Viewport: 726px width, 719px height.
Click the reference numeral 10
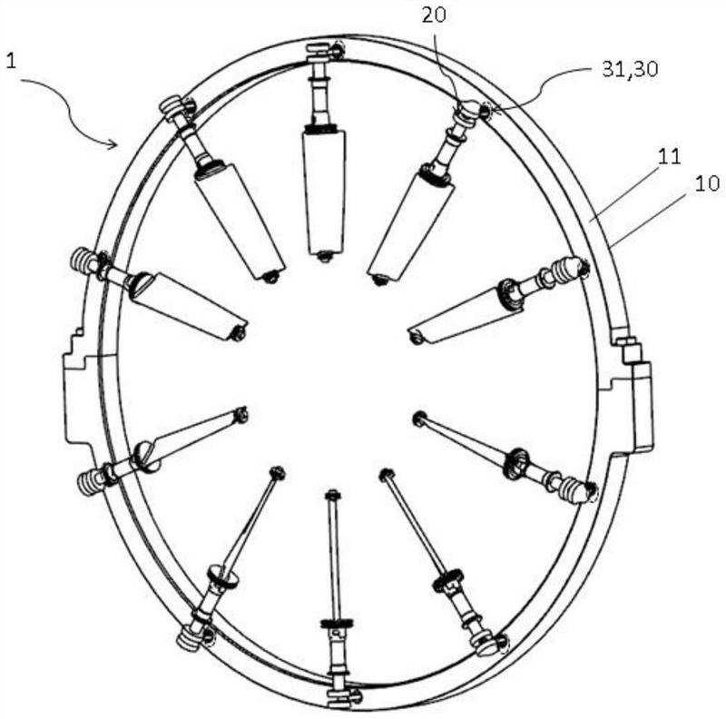pos(707,182)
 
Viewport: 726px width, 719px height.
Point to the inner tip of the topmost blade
pos(326,257)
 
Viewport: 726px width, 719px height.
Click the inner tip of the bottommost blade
pos(333,495)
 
